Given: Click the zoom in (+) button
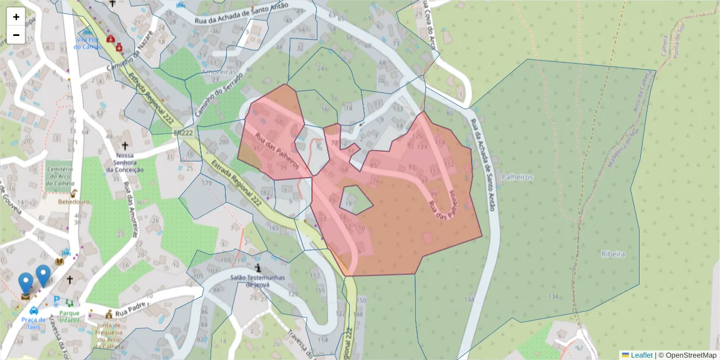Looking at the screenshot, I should [x=16, y=17].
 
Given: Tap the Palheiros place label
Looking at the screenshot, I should [x=519, y=178].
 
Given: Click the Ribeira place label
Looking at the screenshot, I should [x=613, y=254].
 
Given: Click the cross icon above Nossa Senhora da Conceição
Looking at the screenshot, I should [x=125, y=145].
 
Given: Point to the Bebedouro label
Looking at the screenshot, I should [x=74, y=202].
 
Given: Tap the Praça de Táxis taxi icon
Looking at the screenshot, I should [x=34, y=311].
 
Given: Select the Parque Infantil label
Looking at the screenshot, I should [x=70, y=317].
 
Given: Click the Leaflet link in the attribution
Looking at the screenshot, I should [x=641, y=355].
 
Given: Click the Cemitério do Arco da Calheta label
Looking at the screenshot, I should [x=59, y=176].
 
